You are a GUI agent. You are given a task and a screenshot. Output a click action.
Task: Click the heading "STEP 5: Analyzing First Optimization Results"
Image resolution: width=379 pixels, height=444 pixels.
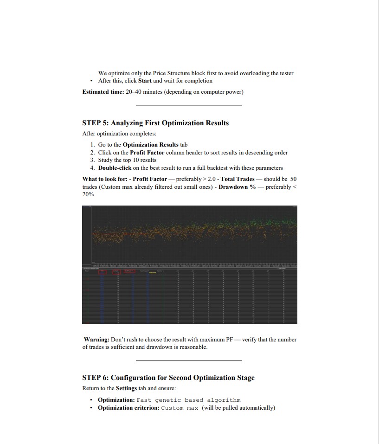click(155, 123)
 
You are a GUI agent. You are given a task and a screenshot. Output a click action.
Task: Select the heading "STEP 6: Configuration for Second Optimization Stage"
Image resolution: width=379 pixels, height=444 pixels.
click(168, 378)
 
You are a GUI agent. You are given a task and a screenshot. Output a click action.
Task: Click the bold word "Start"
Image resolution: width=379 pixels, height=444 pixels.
click(145, 81)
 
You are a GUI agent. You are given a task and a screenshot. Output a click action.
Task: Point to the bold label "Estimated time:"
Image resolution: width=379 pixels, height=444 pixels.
click(103, 92)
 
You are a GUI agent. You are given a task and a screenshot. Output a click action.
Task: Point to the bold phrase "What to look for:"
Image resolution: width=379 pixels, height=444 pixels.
click(105, 179)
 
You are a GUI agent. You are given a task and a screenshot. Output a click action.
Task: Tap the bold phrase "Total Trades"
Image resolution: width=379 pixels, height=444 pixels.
click(238, 179)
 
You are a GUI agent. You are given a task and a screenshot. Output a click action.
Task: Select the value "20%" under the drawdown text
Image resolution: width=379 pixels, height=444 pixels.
click(88, 194)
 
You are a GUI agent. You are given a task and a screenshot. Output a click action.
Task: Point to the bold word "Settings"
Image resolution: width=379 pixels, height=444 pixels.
click(126, 388)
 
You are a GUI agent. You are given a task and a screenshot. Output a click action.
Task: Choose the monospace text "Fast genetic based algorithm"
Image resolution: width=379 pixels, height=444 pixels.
click(189, 400)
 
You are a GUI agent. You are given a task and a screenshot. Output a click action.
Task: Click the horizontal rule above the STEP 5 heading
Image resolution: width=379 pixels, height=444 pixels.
click(189, 106)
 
